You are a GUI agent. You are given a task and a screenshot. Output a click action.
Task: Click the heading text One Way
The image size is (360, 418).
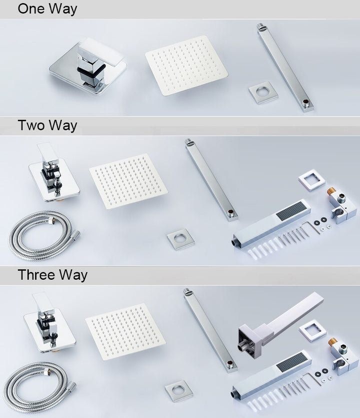coord(47,9)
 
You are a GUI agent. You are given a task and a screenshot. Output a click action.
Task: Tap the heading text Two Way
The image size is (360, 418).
coord(47,125)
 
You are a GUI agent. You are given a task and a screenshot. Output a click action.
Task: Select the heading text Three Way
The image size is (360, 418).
coord(52,275)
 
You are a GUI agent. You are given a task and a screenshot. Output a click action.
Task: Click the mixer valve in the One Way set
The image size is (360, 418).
coord(88,66)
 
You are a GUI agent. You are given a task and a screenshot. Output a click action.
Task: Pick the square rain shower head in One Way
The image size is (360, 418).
coord(186,65)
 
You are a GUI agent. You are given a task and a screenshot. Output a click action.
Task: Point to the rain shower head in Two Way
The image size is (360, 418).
coord(128,181)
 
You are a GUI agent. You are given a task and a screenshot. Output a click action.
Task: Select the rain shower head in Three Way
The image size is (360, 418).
coord(125,331)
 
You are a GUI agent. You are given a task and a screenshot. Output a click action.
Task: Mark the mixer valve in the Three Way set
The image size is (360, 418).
coord(50,322)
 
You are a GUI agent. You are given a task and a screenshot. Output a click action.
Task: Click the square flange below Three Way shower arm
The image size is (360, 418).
coord(178,391)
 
